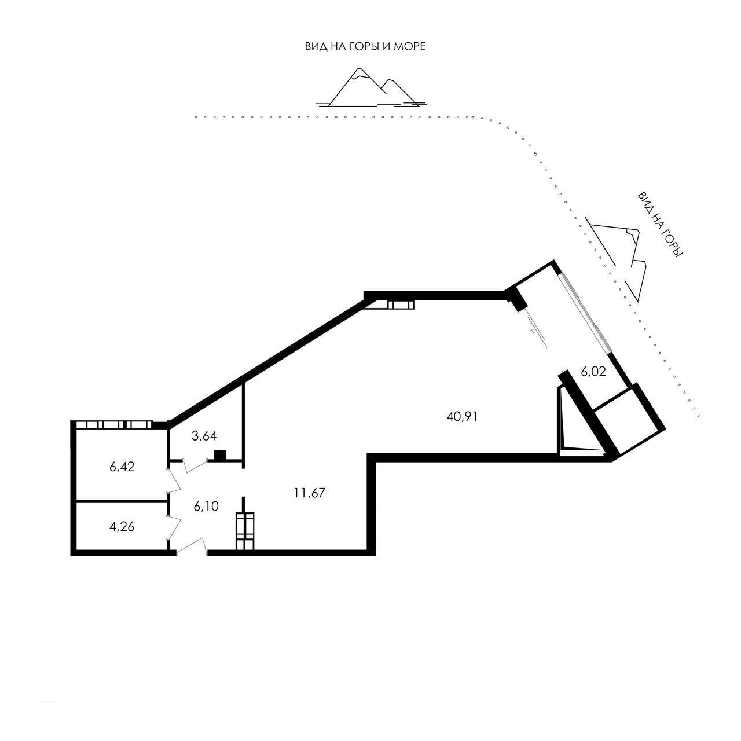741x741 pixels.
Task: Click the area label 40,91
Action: (x=462, y=416)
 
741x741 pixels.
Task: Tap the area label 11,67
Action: (x=310, y=493)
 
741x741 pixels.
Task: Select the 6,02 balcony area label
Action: (x=593, y=372)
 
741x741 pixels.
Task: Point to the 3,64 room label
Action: (x=204, y=436)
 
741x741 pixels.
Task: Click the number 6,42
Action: (x=122, y=467)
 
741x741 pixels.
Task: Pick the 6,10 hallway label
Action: (x=206, y=507)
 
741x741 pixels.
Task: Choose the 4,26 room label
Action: (x=122, y=526)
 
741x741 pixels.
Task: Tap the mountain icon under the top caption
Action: (x=371, y=87)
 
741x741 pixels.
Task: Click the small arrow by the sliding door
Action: (x=533, y=331)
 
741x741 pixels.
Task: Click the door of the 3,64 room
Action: (x=197, y=465)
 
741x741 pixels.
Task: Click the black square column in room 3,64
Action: (x=220, y=454)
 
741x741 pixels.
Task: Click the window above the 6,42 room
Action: (x=114, y=425)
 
